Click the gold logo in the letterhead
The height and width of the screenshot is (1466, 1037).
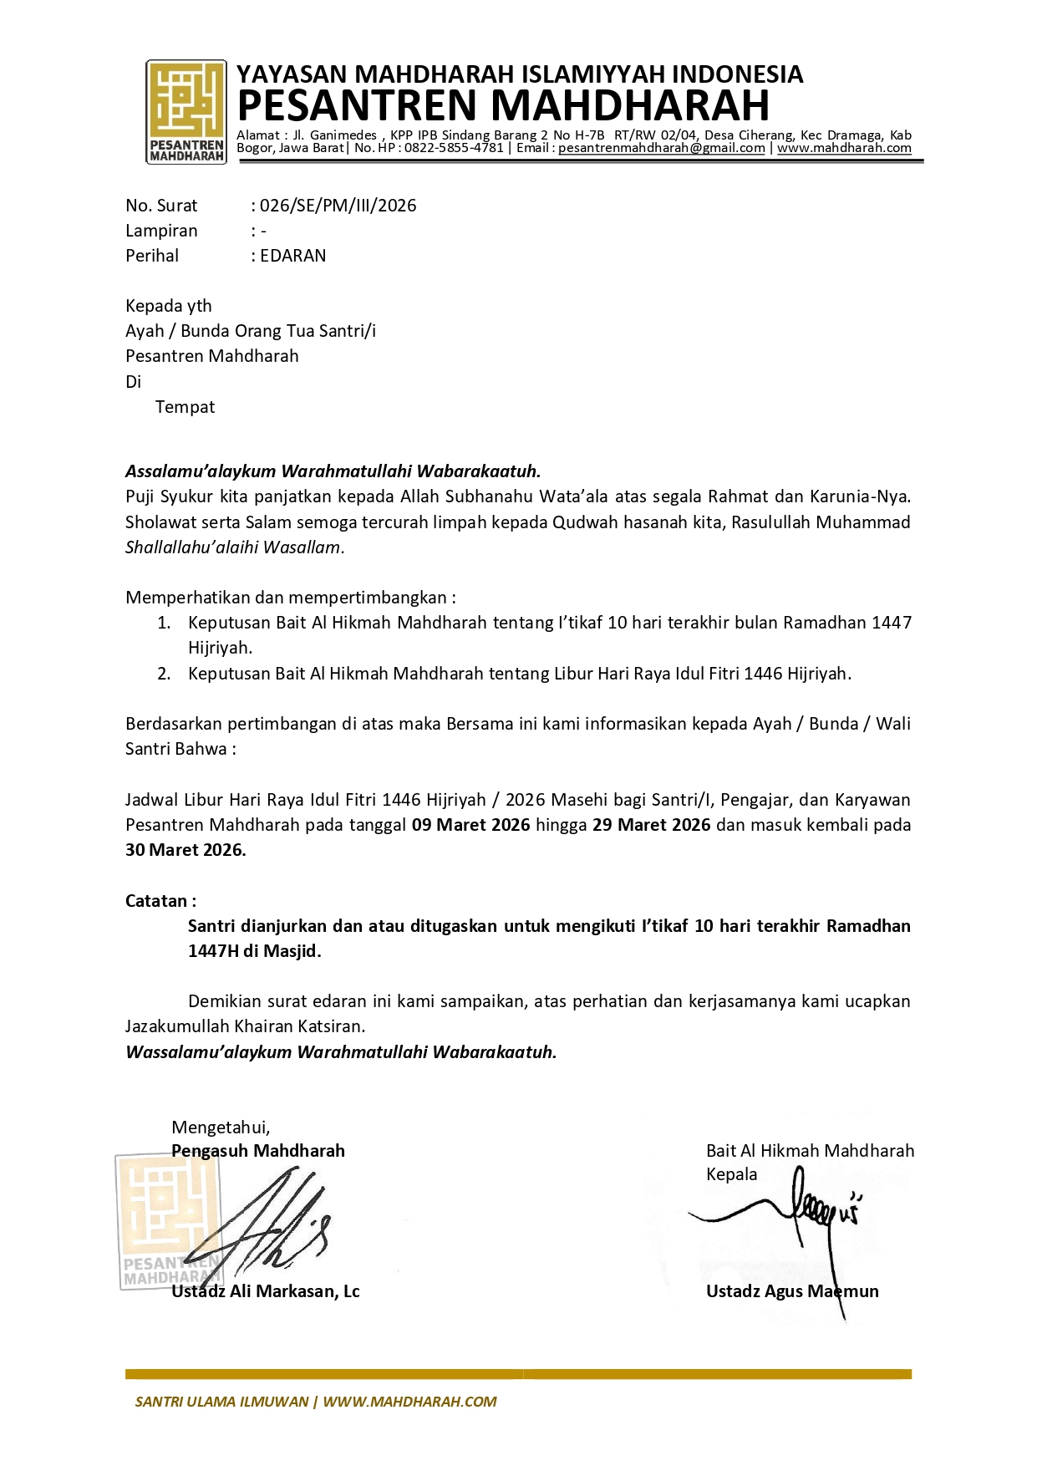pos(186,111)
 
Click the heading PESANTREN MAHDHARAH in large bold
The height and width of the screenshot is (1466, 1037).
pos(503,106)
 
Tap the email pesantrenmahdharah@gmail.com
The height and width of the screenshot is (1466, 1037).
pos(661,148)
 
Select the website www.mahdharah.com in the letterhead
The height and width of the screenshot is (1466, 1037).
pos(844,148)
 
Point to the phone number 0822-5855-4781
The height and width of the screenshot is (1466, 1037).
pos(454,148)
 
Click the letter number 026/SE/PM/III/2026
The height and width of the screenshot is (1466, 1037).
pos(338,206)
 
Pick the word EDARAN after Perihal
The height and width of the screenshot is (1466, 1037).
pos(292,256)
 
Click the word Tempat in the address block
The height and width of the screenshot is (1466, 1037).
pos(185,407)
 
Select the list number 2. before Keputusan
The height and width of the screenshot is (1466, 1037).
pos(164,674)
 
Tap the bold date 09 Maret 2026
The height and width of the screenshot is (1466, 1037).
pos(470,825)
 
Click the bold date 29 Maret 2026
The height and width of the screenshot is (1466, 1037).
pos(651,825)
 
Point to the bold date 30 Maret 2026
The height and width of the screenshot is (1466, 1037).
pos(186,851)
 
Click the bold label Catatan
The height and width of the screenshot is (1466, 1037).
pos(160,901)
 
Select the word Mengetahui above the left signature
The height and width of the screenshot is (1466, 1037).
pos(221,1127)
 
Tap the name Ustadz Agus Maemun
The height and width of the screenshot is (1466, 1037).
pos(791,1291)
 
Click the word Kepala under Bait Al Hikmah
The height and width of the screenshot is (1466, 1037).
pos(731,1174)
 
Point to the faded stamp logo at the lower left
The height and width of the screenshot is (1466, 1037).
pos(167,1220)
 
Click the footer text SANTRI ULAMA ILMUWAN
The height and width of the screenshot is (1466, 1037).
pos(221,1402)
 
